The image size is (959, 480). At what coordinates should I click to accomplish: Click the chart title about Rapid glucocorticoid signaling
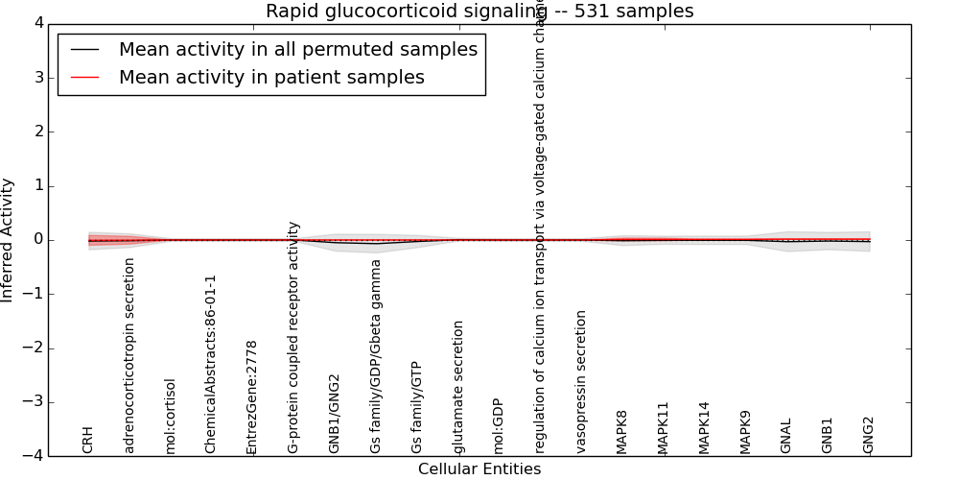click(479, 12)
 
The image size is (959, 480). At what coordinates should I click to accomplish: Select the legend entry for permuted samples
click(297, 50)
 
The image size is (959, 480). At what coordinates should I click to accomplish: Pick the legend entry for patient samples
click(271, 78)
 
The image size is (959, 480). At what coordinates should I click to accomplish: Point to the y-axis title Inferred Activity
click(8, 240)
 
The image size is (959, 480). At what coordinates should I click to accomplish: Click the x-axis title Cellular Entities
click(479, 469)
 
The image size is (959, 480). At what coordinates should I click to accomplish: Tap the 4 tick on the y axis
click(37, 24)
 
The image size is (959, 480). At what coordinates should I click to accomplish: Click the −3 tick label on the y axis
click(35, 402)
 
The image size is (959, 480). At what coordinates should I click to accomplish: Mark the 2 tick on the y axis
click(37, 132)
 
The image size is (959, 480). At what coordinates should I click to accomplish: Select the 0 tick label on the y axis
click(37, 240)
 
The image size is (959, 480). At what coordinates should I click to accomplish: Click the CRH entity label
click(88, 440)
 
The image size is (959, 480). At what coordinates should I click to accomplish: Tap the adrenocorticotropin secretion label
click(129, 355)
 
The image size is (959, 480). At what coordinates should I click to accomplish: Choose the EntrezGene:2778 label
click(252, 396)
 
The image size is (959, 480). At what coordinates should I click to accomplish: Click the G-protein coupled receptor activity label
click(293, 337)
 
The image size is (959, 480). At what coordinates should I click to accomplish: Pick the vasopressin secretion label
click(582, 381)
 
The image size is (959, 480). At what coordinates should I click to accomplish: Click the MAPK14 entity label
click(705, 427)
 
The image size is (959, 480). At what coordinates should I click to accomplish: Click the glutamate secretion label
click(458, 387)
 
